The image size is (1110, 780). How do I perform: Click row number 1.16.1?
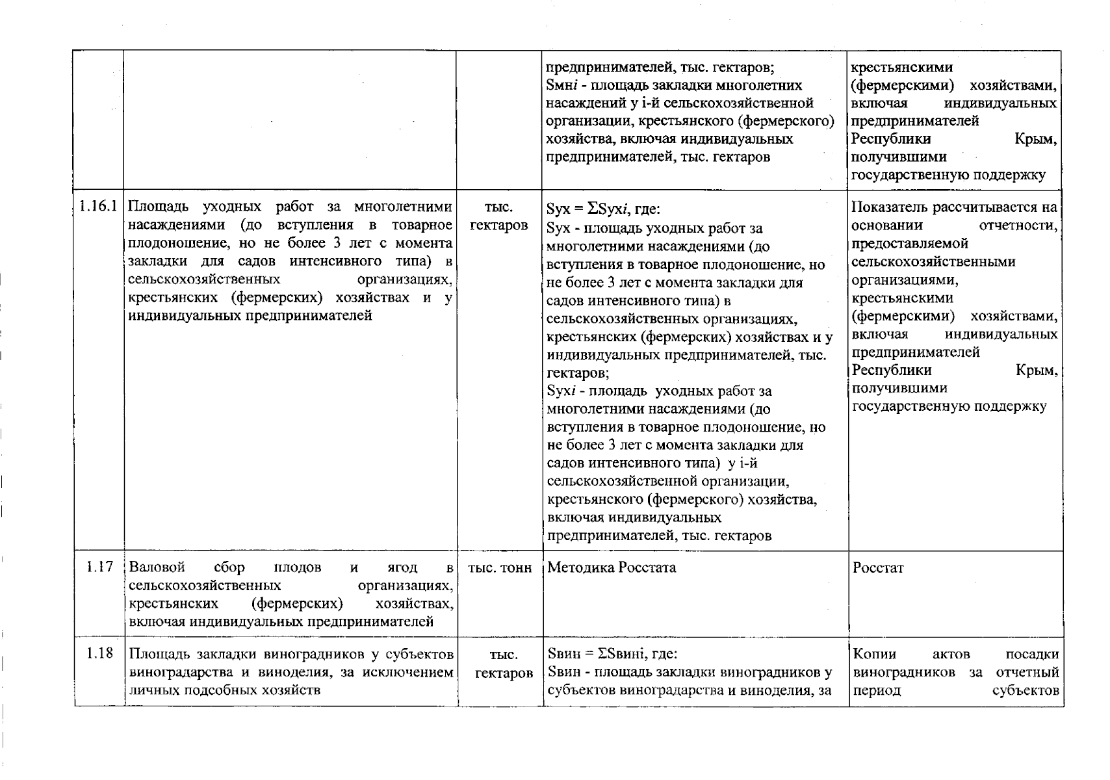click(98, 207)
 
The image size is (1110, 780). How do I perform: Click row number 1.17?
click(99, 567)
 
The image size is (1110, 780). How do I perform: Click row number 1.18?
click(99, 653)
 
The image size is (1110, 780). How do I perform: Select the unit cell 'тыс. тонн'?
click(499, 567)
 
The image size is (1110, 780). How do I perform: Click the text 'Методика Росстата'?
click(611, 567)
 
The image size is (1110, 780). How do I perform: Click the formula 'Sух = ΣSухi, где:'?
click(603, 209)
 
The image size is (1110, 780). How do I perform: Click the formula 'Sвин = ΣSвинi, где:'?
click(612, 654)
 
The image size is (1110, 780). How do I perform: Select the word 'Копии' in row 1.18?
click(874, 654)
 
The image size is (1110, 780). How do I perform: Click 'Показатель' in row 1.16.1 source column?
click(890, 207)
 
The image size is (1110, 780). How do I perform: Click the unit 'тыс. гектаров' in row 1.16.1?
click(498, 216)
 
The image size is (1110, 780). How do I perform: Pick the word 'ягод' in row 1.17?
click(402, 567)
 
